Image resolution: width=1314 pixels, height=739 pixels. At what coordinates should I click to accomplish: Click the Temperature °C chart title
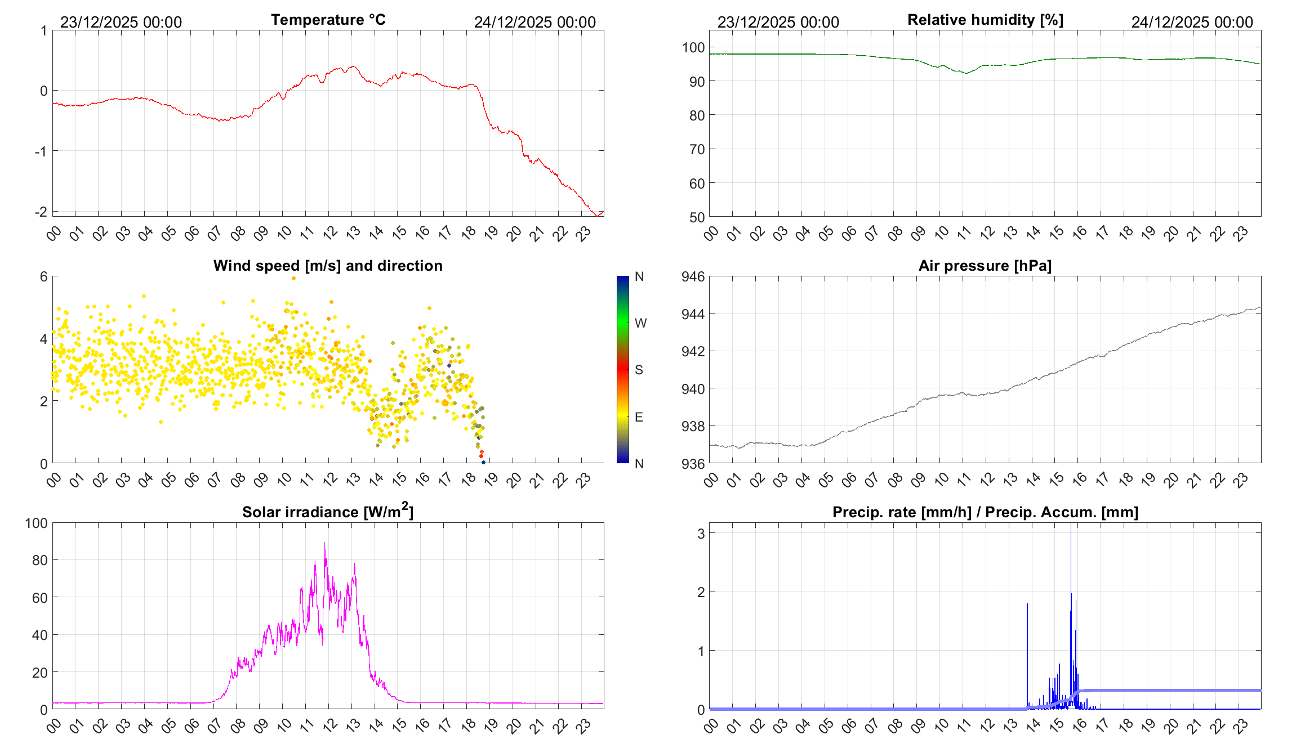328,20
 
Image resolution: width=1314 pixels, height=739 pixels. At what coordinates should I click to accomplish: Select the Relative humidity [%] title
985,20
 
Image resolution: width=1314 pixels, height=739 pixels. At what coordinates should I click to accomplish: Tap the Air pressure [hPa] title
985,266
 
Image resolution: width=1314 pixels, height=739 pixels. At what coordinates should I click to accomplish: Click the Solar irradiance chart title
328,512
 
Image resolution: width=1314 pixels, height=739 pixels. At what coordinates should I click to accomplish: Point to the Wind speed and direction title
328,266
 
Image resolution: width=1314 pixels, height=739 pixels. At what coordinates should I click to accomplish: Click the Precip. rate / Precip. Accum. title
985,512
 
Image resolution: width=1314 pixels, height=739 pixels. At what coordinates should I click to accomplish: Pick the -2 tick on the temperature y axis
41,212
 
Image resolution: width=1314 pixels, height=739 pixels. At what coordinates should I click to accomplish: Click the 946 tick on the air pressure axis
693,276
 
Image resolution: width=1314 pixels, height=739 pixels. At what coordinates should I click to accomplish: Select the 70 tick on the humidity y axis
697,149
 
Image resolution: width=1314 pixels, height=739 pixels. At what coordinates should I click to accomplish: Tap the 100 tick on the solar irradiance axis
36,523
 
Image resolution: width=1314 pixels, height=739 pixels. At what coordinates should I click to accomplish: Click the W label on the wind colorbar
640,323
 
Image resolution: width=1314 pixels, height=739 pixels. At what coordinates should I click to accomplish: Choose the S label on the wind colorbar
639,370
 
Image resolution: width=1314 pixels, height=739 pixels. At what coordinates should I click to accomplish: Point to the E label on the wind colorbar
639,417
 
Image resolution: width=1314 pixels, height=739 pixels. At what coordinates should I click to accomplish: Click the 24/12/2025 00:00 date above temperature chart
534,22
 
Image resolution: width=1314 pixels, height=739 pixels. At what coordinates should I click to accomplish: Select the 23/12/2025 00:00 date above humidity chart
778,22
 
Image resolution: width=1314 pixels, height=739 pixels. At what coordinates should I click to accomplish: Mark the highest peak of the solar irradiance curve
324,543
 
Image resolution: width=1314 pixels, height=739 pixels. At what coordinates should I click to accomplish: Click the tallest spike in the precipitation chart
1071,525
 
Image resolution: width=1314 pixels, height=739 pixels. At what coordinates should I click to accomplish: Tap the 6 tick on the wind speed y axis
43,276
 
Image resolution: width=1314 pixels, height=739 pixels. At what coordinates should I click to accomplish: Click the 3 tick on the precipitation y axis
701,533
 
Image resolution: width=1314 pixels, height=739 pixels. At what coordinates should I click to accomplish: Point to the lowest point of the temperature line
597,216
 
